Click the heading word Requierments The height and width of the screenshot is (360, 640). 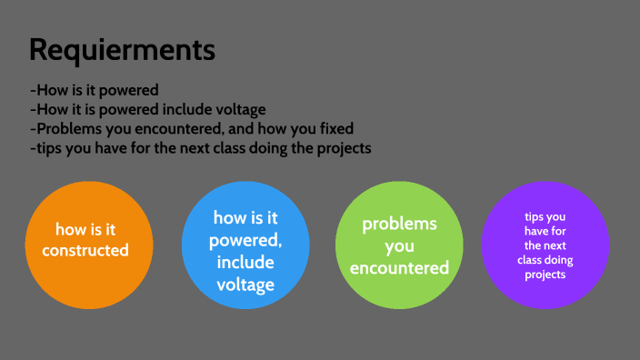122,49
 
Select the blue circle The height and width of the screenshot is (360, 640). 245,241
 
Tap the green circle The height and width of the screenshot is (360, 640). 399,245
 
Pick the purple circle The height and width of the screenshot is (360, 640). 545,245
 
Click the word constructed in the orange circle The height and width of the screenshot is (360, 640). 85,250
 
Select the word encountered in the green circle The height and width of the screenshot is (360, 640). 399,267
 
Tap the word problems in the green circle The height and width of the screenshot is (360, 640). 399,224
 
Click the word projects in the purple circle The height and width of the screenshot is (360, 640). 545,275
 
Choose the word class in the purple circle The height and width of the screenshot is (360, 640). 528,260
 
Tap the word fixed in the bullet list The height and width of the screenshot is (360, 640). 333,129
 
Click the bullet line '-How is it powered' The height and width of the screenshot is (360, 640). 95,90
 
